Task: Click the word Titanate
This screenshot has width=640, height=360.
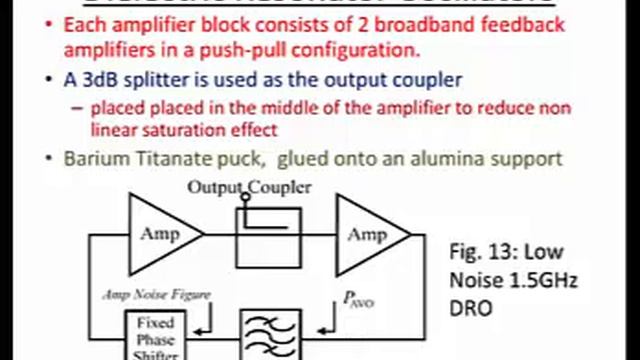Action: coord(181,158)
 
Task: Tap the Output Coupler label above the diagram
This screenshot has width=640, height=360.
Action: coord(249,187)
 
